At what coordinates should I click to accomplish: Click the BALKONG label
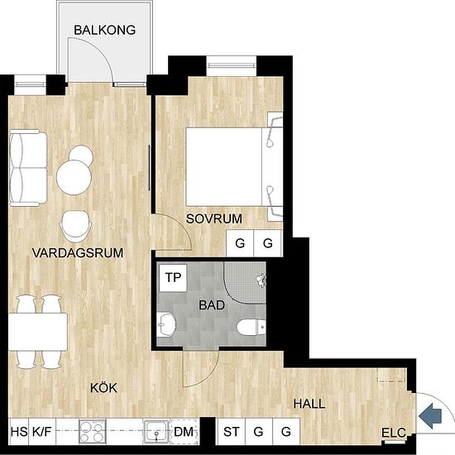click(105, 30)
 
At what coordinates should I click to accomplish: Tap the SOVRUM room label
click(214, 218)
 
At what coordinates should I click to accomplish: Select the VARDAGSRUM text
click(78, 253)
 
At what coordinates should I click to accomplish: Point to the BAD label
click(212, 305)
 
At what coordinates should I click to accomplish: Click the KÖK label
click(103, 388)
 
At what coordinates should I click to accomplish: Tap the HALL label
click(309, 404)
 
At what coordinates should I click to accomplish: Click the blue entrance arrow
click(430, 416)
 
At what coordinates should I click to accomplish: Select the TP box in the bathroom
click(173, 278)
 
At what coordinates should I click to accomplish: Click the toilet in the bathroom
click(251, 327)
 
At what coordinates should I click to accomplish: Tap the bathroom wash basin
click(166, 324)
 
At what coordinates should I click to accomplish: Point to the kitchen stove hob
click(93, 432)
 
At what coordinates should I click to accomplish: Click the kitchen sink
click(156, 432)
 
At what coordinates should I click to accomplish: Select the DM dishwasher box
click(184, 432)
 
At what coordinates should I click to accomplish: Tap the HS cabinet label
click(19, 432)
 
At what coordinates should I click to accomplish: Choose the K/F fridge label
click(42, 432)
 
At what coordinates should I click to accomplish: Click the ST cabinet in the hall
click(232, 432)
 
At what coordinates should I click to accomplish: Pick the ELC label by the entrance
click(394, 433)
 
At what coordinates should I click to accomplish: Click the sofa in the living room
click(28, 168)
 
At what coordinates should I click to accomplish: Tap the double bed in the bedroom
click(234, 166)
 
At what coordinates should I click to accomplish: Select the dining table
click(38, 332)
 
